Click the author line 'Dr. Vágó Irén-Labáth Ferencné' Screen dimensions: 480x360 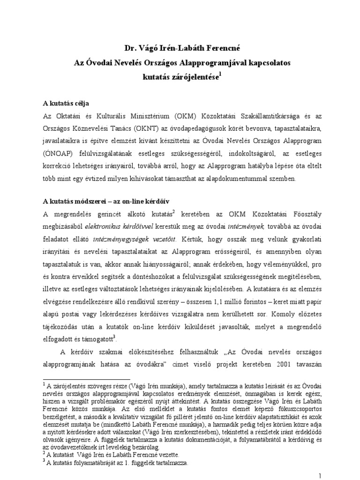[180, 47]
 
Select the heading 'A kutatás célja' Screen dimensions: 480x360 [66, 103]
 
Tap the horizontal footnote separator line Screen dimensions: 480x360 [87, 377]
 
